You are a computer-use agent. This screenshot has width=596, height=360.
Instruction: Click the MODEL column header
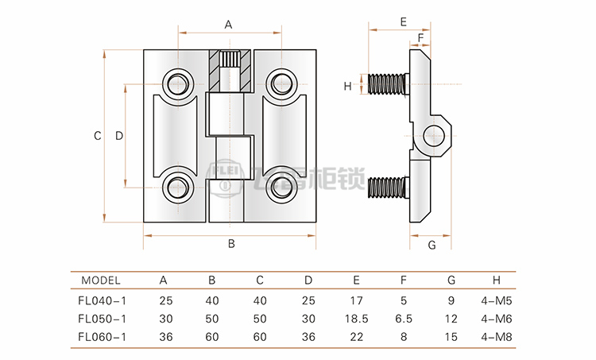coord(100,280)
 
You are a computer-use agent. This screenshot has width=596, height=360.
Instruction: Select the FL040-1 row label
coord(103,300)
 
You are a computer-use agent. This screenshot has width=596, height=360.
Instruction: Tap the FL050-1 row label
coord(103,319)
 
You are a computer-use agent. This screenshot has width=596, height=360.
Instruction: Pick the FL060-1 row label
coord(103,337)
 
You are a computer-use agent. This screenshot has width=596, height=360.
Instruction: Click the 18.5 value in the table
coord(356,319)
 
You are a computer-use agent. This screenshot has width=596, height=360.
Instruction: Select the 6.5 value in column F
coord(404,319)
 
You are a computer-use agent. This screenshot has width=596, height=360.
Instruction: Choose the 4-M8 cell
coord(497,337)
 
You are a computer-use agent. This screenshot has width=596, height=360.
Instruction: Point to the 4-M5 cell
coord(497,300)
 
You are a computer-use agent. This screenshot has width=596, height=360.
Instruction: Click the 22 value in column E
coord(356,337)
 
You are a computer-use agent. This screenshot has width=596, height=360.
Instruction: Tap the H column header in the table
coord(497,280)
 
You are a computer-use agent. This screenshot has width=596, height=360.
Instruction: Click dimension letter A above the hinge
coord(228,25)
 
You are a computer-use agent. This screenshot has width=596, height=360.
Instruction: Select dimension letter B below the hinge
coord(231,244)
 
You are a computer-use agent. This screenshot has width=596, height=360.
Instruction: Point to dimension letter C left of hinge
coord(97,136)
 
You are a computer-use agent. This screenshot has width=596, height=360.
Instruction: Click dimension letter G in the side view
coord(432,245)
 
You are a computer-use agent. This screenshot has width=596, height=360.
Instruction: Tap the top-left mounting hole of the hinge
coord(176,83)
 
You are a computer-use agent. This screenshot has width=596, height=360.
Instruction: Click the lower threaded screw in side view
coord(389,188)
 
